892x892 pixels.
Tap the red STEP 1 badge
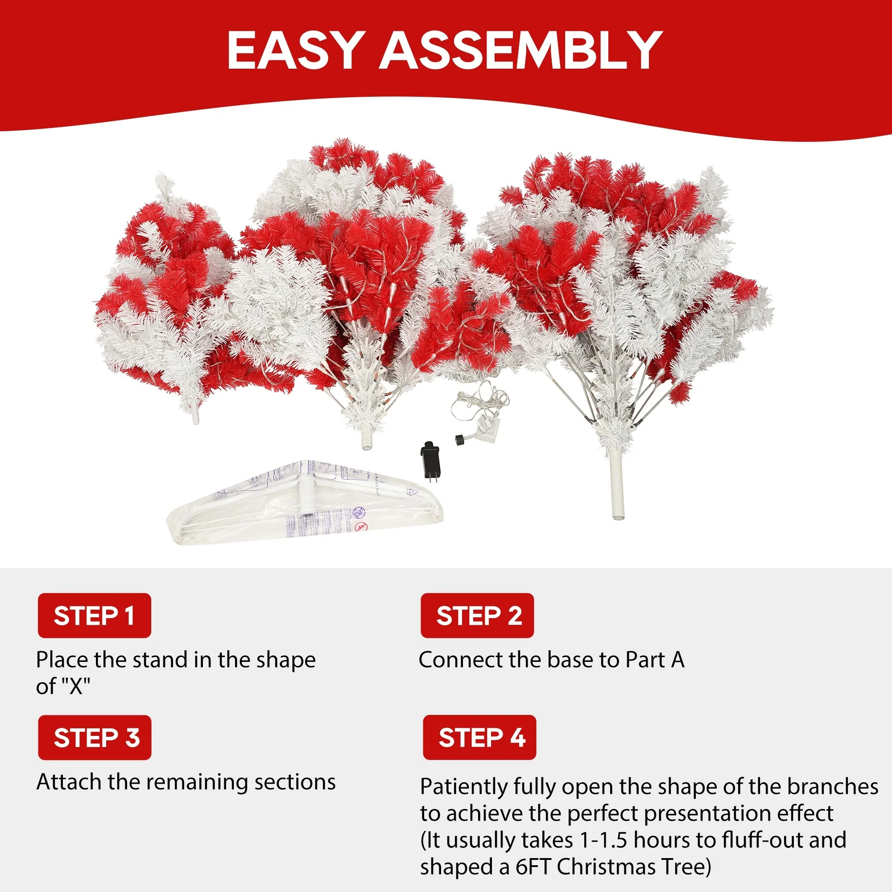(94, 615)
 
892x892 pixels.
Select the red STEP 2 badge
(477, 615)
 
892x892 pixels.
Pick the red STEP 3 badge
(95, 737)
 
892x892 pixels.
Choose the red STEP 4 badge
(479, 737)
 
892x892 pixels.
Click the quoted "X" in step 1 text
(76, 686)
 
